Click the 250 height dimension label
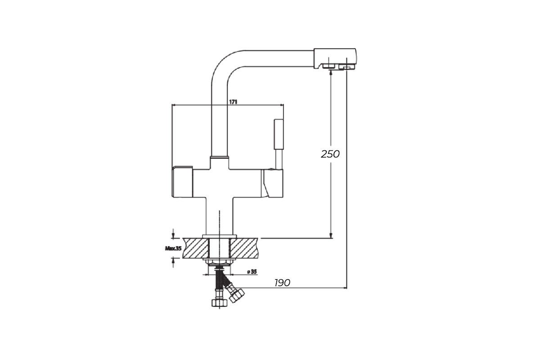coord(330,154)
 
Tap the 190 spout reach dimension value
coord(282,283)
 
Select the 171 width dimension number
coord(233,102)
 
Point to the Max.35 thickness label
coord(173,248)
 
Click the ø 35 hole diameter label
coord(252,272)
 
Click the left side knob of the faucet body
coord(182,182)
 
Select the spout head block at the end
coord(335,59)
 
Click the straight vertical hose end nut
coord(220,303)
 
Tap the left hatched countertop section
coord(195,248)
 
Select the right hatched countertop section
coord(243,248)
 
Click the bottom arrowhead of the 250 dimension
coord(331,236)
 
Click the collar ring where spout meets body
coord(220,157)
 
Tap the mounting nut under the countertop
coord(220,261)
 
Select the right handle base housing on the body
coord(272,183)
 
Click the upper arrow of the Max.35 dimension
coord(173,234)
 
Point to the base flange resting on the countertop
coord(220,236)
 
